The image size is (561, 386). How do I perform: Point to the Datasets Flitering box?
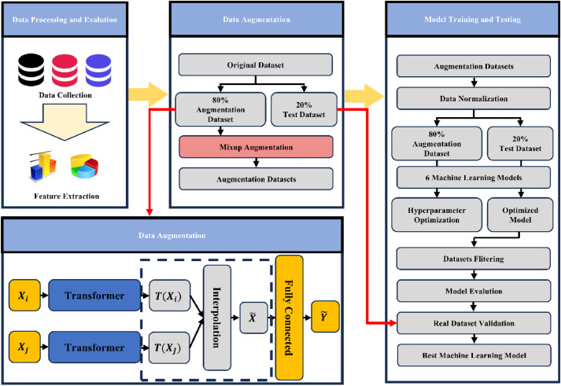[x=471, y=256]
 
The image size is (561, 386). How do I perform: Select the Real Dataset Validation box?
[x=471, y=322]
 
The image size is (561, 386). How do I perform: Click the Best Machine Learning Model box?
[x=471, y=355]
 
